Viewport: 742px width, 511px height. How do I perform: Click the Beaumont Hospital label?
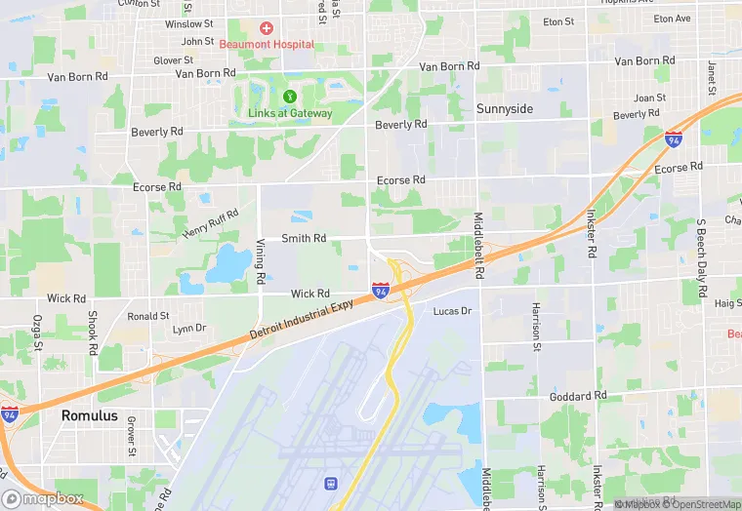(x=266, y=44)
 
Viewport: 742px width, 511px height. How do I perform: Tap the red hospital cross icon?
(x=266, y=28)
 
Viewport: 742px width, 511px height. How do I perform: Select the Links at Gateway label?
(x=290, y=113)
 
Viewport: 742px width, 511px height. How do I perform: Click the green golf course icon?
(x=290, y=97)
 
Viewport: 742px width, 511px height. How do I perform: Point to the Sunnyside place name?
(x=505, y=109)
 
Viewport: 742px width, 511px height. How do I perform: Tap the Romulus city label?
(x=89, y=415)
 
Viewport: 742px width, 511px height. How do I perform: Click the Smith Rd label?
(x=304, y=238)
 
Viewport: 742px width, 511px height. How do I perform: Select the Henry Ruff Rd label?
(x=210, y=225)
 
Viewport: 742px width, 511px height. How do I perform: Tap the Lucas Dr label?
(x=452, y=311)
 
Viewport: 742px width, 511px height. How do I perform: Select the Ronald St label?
(x=148, y=316)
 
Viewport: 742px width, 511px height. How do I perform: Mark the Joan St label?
(x=649, y=98)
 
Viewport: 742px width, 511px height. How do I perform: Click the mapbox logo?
(x=44, y=497)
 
